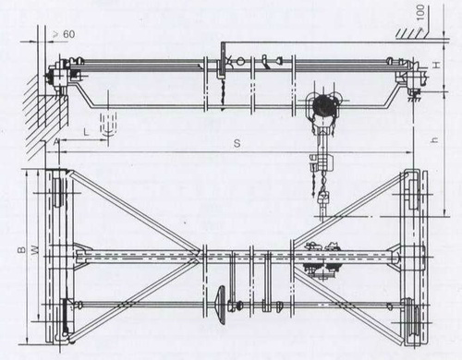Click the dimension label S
point(237,143)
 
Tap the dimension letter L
point(86,133)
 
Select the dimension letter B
point(21,249)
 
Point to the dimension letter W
point(36,249)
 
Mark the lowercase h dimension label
point(434,140)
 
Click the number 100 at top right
point(420,13)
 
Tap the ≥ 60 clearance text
point(64,34)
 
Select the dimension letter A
point(55,142)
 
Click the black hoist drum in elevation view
point(323,105)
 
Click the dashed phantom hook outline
point(108,125)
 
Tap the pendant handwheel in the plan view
point(222,305)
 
